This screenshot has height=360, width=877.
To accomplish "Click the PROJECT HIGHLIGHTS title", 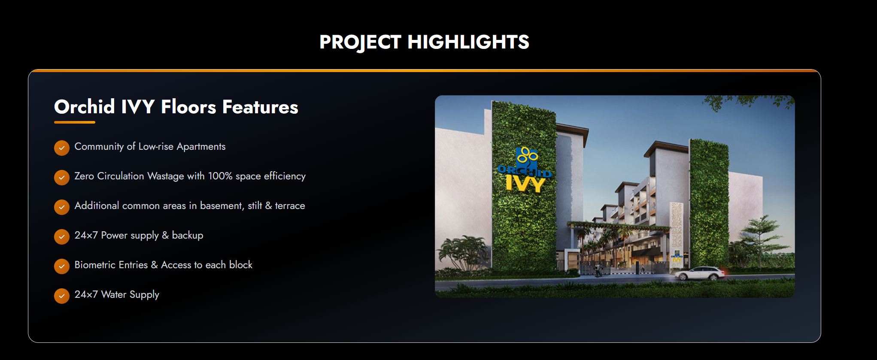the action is pos(424,42).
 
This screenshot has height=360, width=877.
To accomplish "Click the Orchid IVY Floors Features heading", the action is pos(176,106).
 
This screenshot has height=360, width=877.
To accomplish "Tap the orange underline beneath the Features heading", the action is pos(75,122).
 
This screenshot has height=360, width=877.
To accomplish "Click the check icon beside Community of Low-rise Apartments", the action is pos(62,148).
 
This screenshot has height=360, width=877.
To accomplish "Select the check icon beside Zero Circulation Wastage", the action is pos(62,177).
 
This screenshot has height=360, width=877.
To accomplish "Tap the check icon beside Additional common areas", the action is pos(62,207).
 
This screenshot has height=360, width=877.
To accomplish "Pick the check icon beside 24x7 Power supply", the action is pos(62,236).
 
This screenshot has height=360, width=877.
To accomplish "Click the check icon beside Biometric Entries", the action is pos(62,266).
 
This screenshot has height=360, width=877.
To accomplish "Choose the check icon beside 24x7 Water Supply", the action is pos(62,296).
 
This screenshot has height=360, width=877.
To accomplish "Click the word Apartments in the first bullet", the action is pos(201,147).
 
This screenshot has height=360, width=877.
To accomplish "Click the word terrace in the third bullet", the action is pos(290,206).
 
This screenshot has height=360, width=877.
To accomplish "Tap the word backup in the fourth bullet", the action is pos(188,235).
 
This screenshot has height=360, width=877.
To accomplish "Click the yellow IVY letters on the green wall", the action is pos(525,184).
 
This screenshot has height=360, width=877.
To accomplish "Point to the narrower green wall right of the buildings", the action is pos(709,204).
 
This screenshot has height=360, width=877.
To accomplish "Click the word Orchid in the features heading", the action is pos(85,106).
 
